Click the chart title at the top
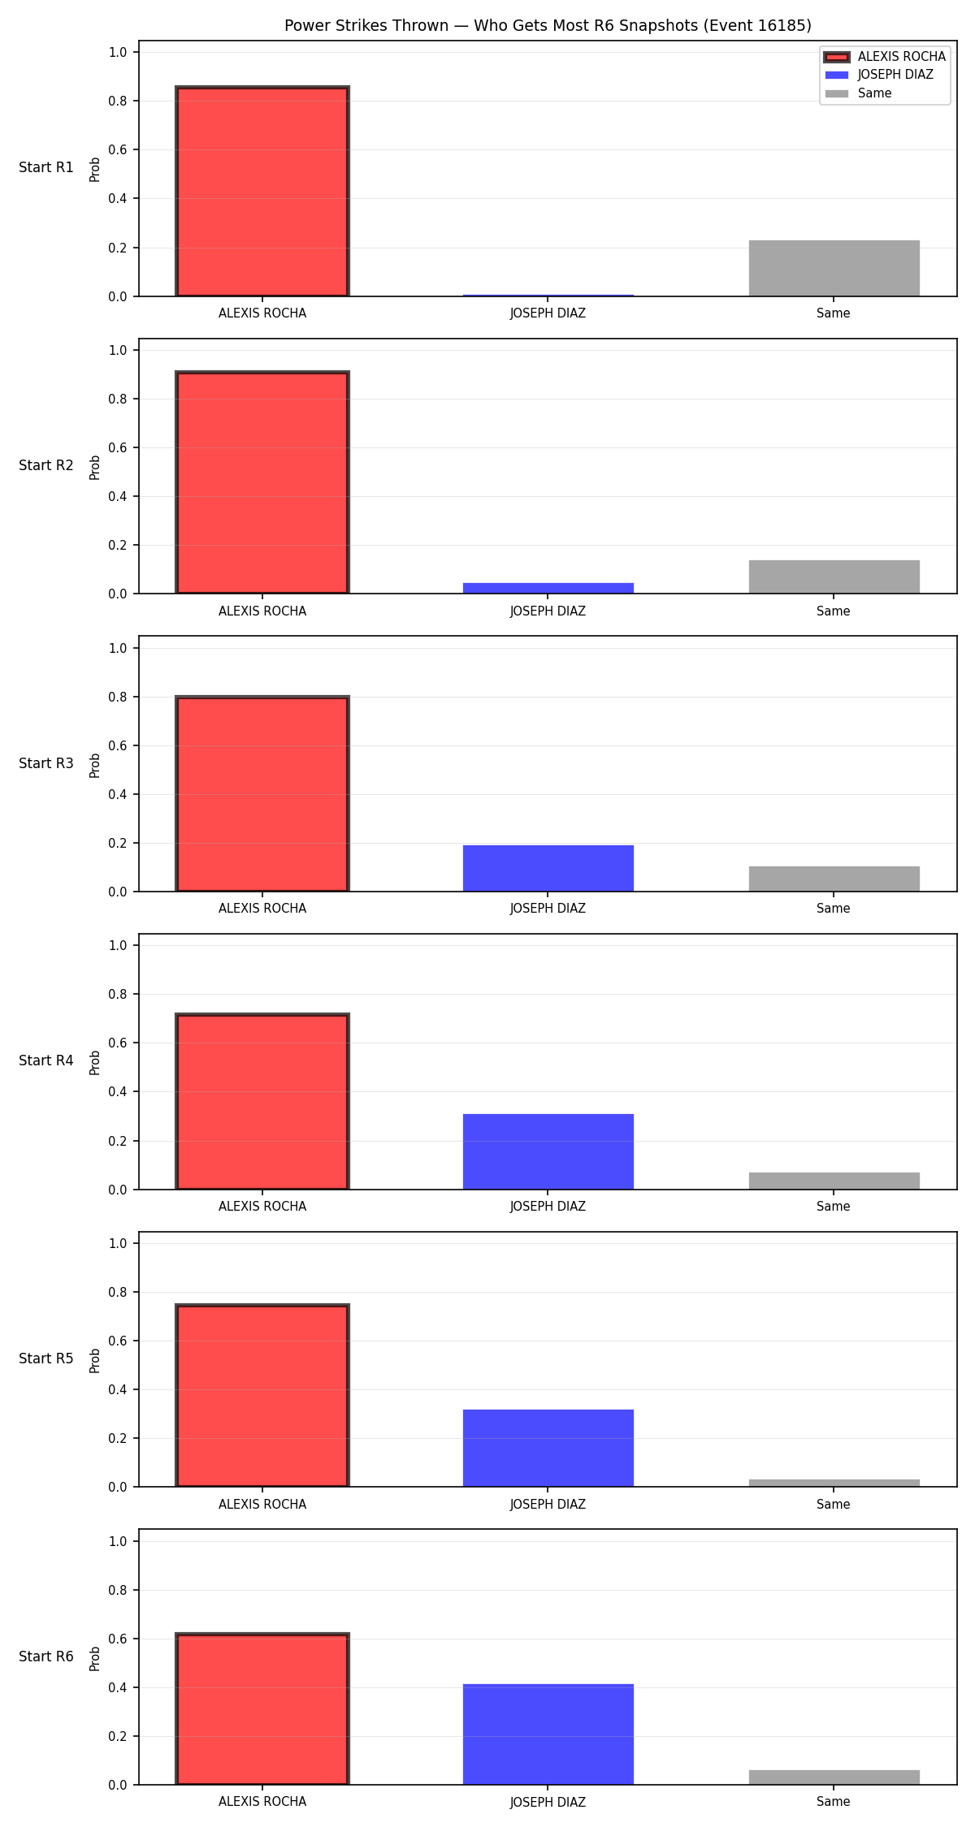pyautogui.click(x=548, y=26)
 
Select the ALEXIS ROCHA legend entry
pyautogui.click(x=885, y=57)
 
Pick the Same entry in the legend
pyautogui.click(x=858, y=93)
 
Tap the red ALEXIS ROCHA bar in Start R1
pyautogui.click(x=262, y=192)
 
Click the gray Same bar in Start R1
pyautogui.click(x=834, y=268)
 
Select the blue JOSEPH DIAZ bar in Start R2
pyautogui.click(x=548, y=588)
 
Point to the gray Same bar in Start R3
pyautogui.click(x=834, y=879)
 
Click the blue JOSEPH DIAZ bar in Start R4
pyautogui.click(x=548, y=1151)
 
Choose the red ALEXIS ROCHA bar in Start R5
pyautogui.click(x=262, y=1396)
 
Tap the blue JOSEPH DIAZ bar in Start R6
pyautogui.click(x=548, y=1734)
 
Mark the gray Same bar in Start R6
pyautogui.click(x=834, y=1777)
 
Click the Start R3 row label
pyautogui.click(x=46, y=763)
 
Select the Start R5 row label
pyautogui.click(x=46, y=1358)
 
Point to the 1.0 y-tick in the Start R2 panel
pyautogui.click(x=119, y=350)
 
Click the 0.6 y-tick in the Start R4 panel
pyautogui.click(x=119, y=1043)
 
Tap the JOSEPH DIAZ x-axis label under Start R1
pyautogui.click(x=548, y=313)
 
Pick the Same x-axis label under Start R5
pyautogui.click(x=834, y=1504)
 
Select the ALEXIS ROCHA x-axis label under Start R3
pyautogui.click(x=262, y=908)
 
